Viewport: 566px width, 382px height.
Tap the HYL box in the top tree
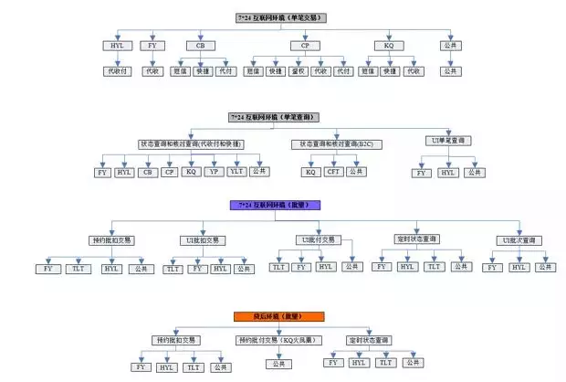click(x=116, y=45)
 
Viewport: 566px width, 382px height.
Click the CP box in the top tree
click(x=304, y=45)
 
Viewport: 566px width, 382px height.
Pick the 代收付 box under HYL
click(x=116, y=71)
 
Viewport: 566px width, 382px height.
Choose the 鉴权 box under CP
click(x=298, y=71)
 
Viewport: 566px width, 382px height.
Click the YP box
click(x=214, y=172)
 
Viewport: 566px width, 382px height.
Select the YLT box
click(x=236, y=172)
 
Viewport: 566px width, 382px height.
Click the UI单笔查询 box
click(x=447, y=141)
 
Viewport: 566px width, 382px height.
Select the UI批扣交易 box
click(x=203, y=239)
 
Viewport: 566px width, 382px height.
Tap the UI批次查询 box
click(x=518, y=239)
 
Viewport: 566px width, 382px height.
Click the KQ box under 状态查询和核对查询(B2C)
click(x=310, y=172)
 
